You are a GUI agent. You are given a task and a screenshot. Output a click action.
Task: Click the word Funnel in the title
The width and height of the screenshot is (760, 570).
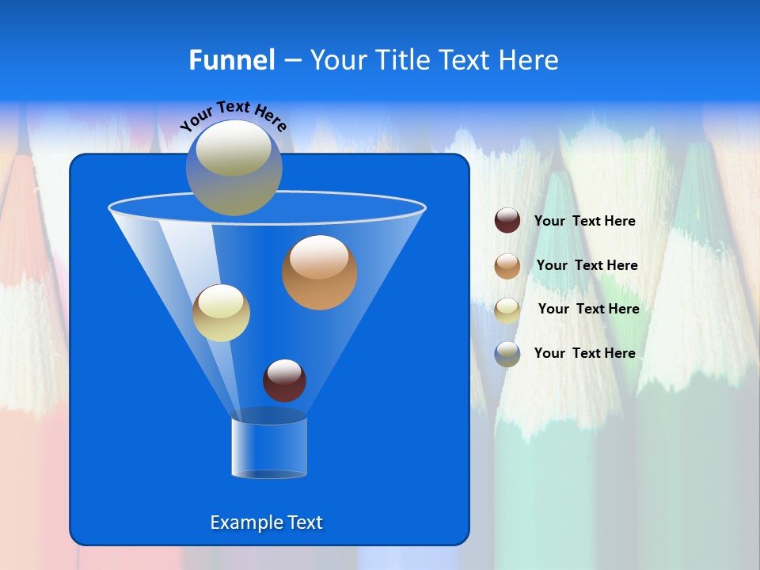pyautogui.click(x=232, y=60)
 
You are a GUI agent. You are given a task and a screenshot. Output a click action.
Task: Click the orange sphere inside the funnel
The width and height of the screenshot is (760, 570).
pyautogui.click(x=320, y=272)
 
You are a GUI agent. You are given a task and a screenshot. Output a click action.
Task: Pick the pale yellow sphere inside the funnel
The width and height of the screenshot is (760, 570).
pyautogui.click(x=221, y=313)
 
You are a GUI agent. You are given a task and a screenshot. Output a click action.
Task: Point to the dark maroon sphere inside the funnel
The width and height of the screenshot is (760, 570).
pyautogui.click(x=284, y=380)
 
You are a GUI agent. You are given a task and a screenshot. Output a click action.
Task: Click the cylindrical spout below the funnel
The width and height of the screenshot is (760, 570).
pyautogui.click(x=269, y=448)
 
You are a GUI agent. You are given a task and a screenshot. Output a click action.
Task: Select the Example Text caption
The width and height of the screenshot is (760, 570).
pyautogui.click(x=266, y=522)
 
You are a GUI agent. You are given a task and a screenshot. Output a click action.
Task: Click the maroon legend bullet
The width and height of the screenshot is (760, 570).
pyautogui.click(x=507, y=221)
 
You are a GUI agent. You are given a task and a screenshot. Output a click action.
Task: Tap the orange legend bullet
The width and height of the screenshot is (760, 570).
pyautogui.click(x=507, y=265)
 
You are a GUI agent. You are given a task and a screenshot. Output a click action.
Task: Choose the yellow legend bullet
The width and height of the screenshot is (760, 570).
pyautogui.click(x=507, y=310)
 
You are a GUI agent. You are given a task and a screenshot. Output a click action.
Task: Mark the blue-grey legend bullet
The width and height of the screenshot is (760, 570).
pyautogui.click(x=507, y=353)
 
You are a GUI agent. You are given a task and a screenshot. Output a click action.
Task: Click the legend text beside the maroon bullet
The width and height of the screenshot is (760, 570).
pyautogui.click(x=584, y=221)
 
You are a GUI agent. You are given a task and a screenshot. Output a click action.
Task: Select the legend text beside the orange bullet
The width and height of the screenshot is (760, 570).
pyautogui.click(x=587, y=265)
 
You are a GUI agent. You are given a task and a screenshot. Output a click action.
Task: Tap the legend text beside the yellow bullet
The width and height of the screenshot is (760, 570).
pyautogui.click(x=588, y=309)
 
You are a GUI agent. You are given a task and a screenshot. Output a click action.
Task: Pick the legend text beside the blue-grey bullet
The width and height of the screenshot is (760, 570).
pyautogui.click(x=584, y=353)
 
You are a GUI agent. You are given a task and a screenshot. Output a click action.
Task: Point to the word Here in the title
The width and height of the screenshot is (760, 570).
pyautogui.click(x=530, y=60)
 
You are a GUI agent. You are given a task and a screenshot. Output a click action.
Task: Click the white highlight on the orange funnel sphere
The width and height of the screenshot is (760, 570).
pyautogui.click(x=319, y=256)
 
